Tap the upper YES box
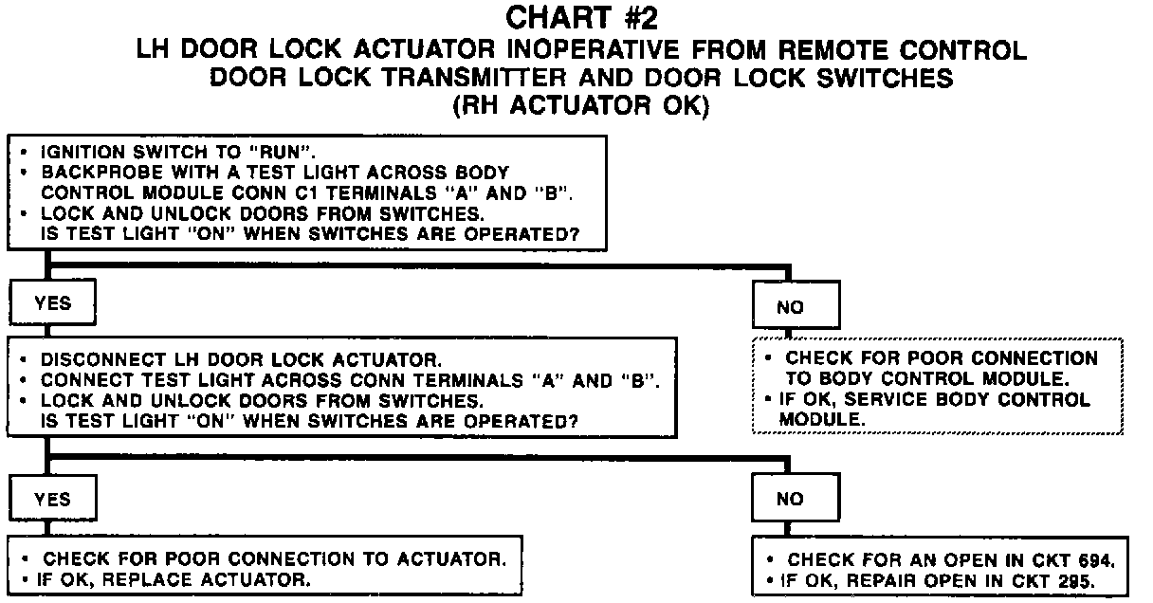point(52,303)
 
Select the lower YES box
point(52,500)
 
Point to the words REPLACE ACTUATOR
point(232,578)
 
